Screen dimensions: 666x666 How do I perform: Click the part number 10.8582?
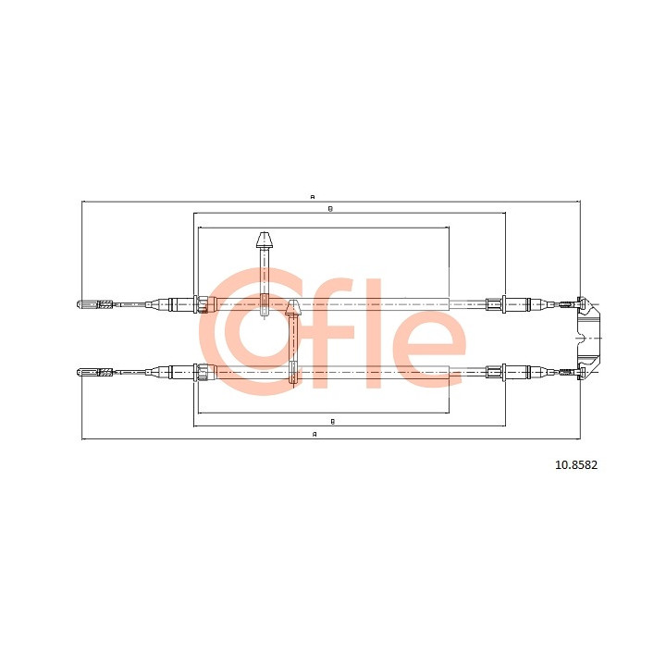(576, 465)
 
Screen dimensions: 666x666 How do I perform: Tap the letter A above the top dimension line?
(313, 197)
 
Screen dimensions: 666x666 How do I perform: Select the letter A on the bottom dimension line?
(314, 434)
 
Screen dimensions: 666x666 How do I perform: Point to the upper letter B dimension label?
(330, 208)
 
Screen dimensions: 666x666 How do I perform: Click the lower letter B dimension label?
(333, 422)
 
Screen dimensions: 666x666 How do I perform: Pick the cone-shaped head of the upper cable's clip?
(264, 240)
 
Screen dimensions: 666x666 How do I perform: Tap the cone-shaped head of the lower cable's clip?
(292, 307)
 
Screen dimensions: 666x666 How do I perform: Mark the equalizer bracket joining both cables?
(588, 339)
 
